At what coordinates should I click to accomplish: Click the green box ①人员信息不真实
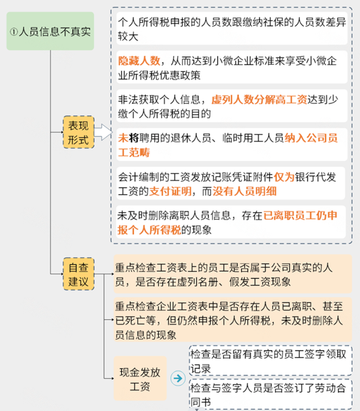pos(51,31)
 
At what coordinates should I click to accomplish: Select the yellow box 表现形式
pos(78,132)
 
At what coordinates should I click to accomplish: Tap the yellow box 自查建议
pos(78,274)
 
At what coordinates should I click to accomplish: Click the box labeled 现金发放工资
pos(140,378)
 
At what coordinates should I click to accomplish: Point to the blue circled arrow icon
pos(178,378)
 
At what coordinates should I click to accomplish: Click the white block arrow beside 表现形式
pos(103,132)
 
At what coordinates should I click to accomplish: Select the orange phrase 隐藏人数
pos(139,61)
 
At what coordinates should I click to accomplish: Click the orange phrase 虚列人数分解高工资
pos(259,100)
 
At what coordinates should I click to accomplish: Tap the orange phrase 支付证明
pos(170,192)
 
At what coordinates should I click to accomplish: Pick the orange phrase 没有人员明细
pos(245,192)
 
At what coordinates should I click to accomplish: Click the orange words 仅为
pos(284,177)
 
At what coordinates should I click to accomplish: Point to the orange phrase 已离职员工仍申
pos(300,215)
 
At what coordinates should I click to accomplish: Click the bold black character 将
pos(134,138)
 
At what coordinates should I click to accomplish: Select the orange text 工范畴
pos(134,153)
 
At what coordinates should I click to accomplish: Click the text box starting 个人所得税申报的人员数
pos(232,28)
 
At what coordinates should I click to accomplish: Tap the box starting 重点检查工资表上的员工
pos(233,274)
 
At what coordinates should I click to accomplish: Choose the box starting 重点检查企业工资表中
pos(233,320)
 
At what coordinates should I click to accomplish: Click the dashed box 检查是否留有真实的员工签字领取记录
pos(270,360)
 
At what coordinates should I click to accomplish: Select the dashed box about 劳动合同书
pos(270,394)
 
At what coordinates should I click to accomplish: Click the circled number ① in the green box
pos(14,32)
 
